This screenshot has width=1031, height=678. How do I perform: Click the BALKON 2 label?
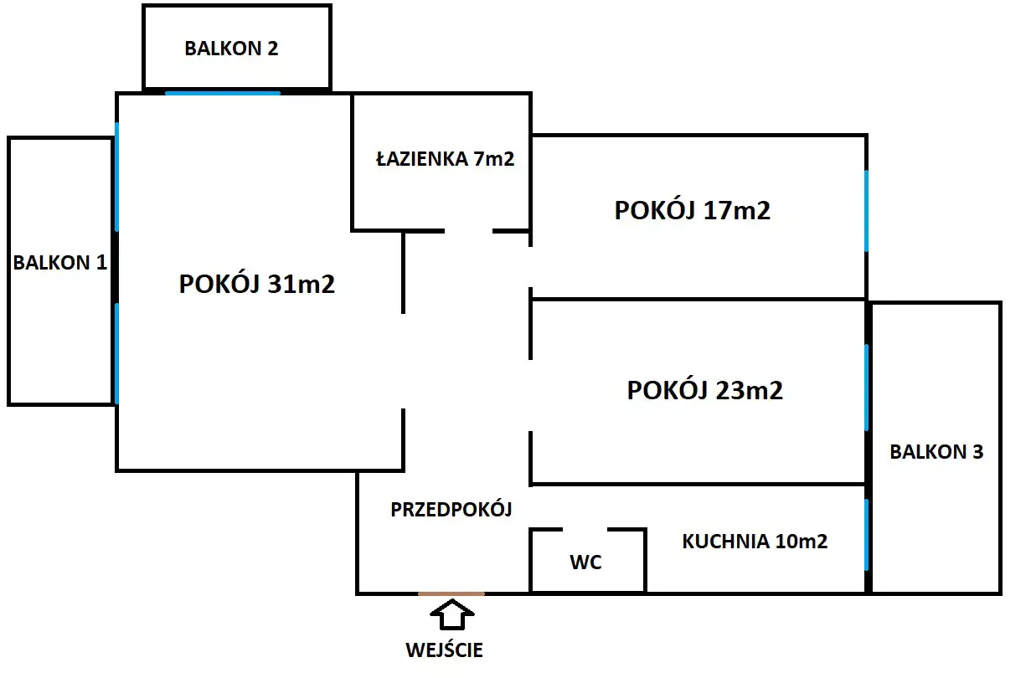[x=231, y=49]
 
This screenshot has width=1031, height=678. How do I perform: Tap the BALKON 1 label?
[x=60, y=263]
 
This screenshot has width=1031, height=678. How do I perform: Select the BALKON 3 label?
[x=936, y=452]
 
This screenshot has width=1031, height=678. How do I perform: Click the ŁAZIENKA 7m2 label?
[x=445, y=159]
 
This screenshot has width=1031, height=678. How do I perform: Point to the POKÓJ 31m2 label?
[x=257, y=285]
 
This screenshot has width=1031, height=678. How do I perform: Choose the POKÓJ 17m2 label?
[x=693, y=210]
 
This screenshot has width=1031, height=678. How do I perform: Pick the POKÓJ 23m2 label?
[x=705, y=390]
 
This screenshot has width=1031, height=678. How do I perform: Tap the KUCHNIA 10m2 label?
[x=755, y=542]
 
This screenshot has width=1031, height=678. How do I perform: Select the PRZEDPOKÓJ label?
[x=451, y=509]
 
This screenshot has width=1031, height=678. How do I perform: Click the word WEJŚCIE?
[x=445, y=650]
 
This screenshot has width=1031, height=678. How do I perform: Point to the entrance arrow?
[x=451, y=614]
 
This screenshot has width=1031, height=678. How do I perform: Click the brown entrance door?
[x=451, y=593]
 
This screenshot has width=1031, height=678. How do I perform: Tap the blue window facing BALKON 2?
[x=223, y=93]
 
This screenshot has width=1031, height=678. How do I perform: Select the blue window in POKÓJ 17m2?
[x=866, y=211]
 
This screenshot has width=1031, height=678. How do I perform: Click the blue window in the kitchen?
[x=866, y=536]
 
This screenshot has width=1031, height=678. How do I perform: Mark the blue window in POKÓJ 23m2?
[x=866, y=387]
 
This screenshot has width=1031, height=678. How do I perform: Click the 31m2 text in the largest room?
[x=302, y=285]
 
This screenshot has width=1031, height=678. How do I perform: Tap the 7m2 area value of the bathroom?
[x=494, y=159]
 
